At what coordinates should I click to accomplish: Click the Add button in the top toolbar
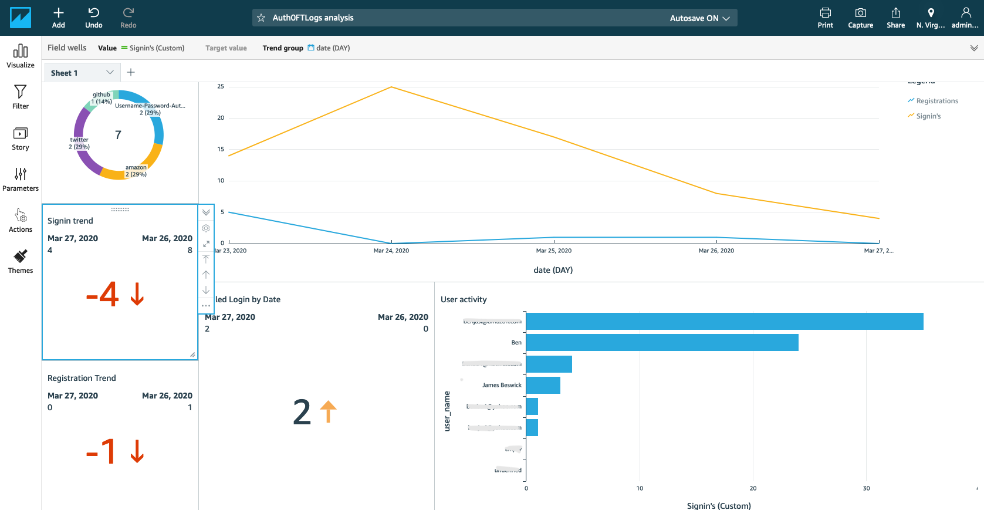tap(58, 17)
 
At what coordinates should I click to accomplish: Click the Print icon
tap(825, 17)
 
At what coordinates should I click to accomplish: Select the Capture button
tap(860, 17)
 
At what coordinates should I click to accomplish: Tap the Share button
tap(895, 17)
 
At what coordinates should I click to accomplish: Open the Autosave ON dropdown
tap(699, 18)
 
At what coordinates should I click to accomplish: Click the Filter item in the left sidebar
tap(21, 97)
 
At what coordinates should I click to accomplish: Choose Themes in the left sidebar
tap(21, 261)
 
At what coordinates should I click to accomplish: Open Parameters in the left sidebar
tap(21, 179)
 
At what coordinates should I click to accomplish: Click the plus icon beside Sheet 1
tap(131, 72)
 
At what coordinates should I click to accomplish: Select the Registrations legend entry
tap(936, 101)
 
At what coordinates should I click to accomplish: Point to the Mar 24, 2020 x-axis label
tap(391, 251)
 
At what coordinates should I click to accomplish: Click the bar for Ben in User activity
tap(662, 343)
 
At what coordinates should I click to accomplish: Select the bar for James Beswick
tap(543, 386)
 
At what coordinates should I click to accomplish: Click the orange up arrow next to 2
tap(328, 411)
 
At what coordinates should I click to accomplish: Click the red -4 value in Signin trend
tap(103, 294)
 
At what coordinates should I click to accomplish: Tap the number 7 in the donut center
tap(118, 135)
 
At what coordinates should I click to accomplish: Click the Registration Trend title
tap(82, 378)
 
